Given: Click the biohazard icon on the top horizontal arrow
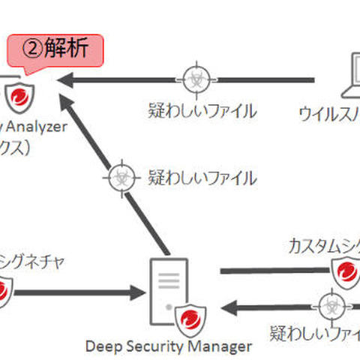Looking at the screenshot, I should pos(194,78).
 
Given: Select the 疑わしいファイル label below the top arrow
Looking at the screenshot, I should pos(202,111).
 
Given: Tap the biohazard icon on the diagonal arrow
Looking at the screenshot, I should pos(119,178).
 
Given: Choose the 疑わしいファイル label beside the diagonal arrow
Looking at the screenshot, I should pos(202,178).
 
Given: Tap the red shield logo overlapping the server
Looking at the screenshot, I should pos(190,319).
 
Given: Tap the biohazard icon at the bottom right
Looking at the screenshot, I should pos(329,306).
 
